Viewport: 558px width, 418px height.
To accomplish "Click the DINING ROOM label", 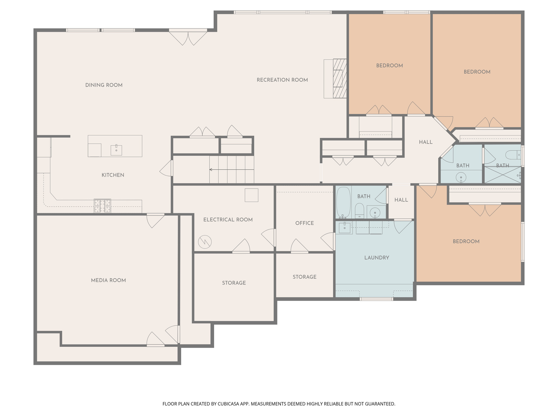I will pos(104,85).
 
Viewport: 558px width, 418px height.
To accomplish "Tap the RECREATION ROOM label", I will pos(282,80).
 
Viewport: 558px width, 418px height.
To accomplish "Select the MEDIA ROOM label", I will pos(108,280).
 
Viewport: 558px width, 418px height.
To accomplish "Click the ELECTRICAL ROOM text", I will pos(228,220).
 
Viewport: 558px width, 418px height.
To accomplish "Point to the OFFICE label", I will pos(305,223).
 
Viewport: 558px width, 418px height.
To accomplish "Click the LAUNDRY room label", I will pos(377,258).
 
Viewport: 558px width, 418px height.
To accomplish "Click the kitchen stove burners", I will pos(102,206).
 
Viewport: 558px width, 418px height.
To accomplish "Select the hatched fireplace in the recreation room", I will pos(340,78).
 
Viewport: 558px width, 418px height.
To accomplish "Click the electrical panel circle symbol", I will pos(205,242).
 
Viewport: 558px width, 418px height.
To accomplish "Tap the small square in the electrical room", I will pos(251,195).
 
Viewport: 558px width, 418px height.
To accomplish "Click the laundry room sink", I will pos(345,228).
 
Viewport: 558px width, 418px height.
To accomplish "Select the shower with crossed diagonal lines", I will pos(502,175).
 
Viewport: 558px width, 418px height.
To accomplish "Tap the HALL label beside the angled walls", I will pos(426,142).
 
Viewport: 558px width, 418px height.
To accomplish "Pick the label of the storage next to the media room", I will pos(234,283).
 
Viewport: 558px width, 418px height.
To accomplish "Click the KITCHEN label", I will pos(113,175).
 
